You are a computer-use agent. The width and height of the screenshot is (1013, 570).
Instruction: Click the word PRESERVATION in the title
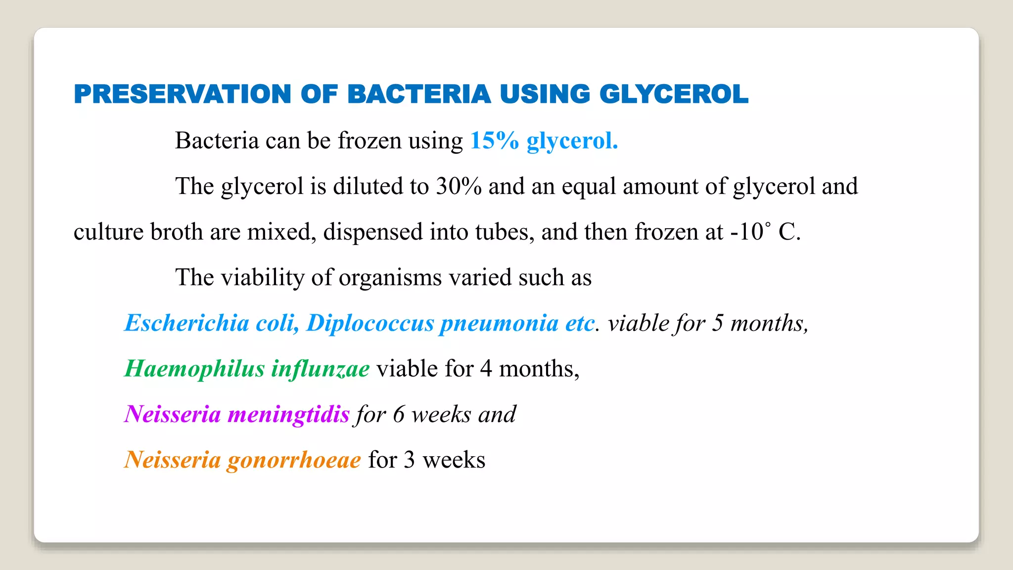[x=183, y=94]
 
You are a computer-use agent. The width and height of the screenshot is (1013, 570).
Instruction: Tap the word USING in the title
[x=545, y=94]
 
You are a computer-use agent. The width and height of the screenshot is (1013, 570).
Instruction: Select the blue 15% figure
[x=494, y=141]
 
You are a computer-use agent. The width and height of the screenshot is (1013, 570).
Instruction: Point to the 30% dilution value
[x=459, y=186]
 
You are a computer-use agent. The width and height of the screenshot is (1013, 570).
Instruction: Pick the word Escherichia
[x=186, y=323]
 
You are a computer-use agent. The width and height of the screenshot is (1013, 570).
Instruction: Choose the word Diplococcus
[x=370, y=323]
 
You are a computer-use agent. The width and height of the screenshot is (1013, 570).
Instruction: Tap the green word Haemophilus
[x=194, y=369]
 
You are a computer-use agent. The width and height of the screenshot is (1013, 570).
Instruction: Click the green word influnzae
[x=320, y=369]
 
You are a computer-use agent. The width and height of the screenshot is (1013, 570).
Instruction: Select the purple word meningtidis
[x=288, y=414]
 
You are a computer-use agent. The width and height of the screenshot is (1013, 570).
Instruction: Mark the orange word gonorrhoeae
[x=294, y=460]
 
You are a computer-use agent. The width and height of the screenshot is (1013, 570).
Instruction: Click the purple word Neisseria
[x=172, y=414]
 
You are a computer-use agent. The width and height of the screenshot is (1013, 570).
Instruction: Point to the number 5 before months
[x=718, y=323]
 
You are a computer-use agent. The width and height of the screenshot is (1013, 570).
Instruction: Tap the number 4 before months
[x=486, y=369]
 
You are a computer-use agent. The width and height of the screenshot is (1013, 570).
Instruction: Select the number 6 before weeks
[x=399, y=414]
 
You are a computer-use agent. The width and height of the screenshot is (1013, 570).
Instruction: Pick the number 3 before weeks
[x=409, y=460]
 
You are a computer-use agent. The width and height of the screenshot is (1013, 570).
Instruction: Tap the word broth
[x=177, y=232]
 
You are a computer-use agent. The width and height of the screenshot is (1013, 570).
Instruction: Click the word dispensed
[x=373, y=232]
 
